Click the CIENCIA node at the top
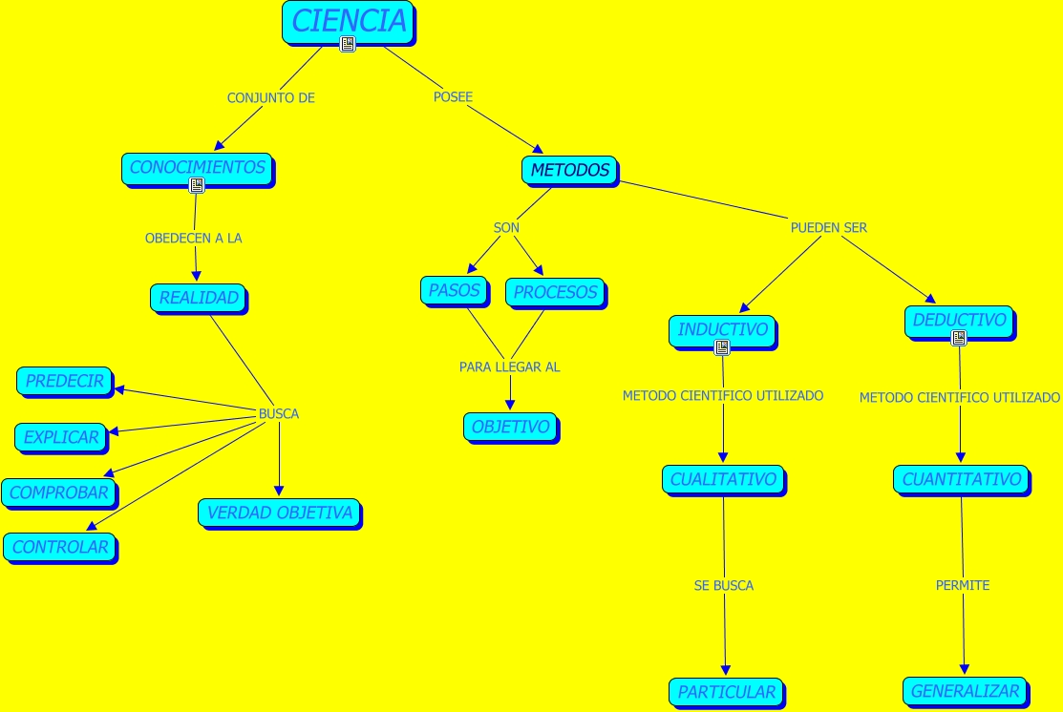click(x=349, y=21)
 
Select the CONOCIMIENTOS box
click(x=197, y=168)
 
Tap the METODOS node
click(x=569, y=171)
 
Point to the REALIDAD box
click(x=198, y=298)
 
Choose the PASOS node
click(x=454, y=290)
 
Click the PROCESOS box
click(x=554, y=292)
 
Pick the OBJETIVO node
click(x=510, y=428)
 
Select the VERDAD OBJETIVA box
click(x=279, y=513)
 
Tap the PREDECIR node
click(x=64, y=381)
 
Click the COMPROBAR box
click(x=59, y=492)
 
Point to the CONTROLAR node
click(x=59, y=548)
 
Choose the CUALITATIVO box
click(x=723, y=480)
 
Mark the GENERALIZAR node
click(x=965, y=691)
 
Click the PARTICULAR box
click(x=726, y=692)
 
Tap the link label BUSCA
click(x=279, y=414)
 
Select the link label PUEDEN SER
click(x=828, y=228)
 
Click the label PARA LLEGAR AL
click(x=509, y=367)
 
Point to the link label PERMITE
click(x=962, y=585)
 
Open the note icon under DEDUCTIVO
click(x=959, y=338)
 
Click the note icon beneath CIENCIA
click(x=348, y=44)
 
